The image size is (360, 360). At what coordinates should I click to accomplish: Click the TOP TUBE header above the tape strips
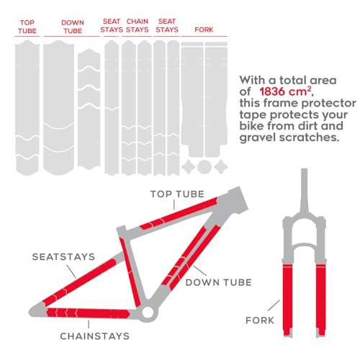point(27,27)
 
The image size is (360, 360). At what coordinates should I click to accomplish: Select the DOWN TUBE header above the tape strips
point(72,27)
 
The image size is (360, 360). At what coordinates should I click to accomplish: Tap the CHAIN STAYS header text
point(137,25)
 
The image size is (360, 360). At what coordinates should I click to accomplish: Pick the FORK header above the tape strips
point(204,30)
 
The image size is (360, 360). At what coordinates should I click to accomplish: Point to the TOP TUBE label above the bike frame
point(177,194)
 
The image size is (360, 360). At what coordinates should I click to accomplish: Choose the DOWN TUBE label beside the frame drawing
point(218,282)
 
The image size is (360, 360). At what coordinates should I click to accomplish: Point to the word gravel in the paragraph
point(258,138)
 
